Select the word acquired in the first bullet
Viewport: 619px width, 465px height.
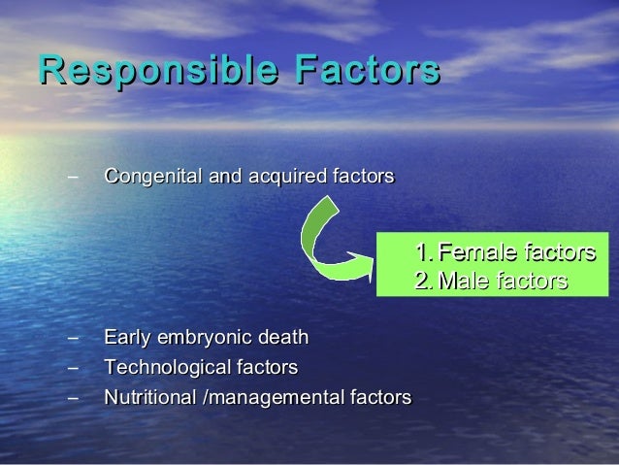[277, 178]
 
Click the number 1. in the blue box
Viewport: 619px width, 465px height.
[422, 254]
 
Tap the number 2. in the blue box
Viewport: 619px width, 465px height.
[423, 282]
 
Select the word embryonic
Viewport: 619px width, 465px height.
[205, 338]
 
